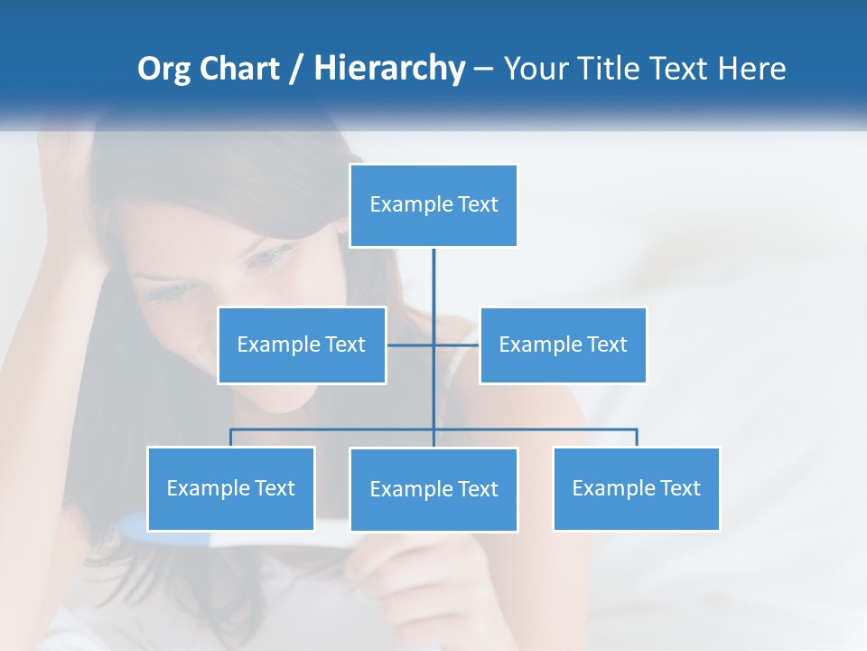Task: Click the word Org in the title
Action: (163, 69)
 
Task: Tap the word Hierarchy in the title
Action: (389, 69)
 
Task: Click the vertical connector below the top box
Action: (433, 280)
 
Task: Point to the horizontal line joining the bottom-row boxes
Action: (334, 429)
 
